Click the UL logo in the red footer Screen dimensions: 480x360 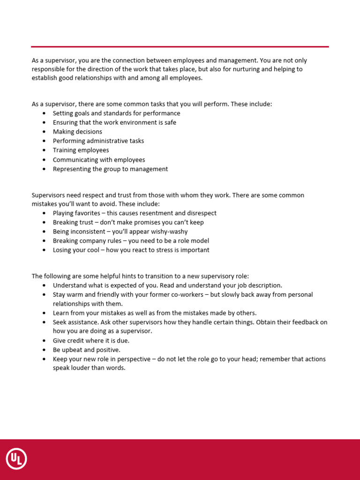tap(16, 459)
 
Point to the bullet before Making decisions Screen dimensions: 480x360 tap(44, 132)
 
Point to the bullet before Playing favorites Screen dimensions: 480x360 tap(44, 213)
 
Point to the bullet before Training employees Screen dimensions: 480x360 tap(44, 150)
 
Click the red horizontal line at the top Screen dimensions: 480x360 tap(180, 47)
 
